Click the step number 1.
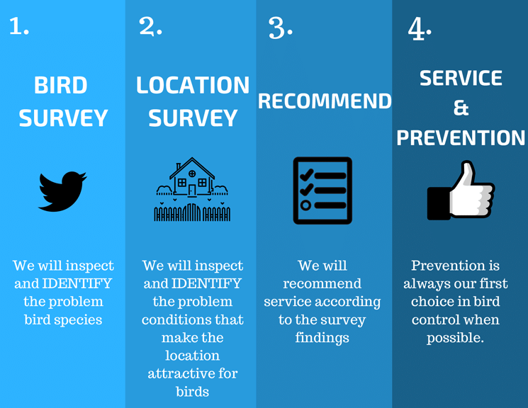[x=19, y=26]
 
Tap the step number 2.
[x=150, y=26]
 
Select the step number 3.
[x=280, y=28]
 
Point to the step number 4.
[x=420, y=28]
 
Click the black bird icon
[x=62, y=191]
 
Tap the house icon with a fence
[x=192, y=189]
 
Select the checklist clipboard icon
[x=322, y=191]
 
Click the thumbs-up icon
[x=461, y=191]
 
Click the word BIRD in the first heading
[x=61, y=85]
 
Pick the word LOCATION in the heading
[x=193, y=85]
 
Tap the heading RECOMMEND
[x=325, y=101]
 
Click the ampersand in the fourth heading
[x=461, y=108]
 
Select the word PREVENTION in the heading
[x=461, y=137]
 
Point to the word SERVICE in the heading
[x=461, y=78]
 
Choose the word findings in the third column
[x=322, y=338]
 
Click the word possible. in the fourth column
[x=455, y=338]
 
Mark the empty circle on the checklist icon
[x=305, y=205]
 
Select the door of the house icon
[x=192, y=191]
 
